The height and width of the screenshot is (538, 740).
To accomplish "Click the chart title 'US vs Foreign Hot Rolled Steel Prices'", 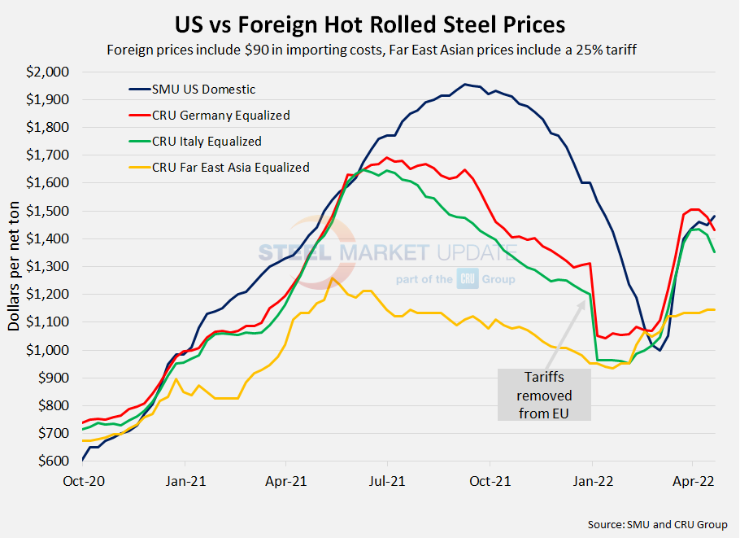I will point(370,22).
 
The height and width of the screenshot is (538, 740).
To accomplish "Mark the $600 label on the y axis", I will point(51,461).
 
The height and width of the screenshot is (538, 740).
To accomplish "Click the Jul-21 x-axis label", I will point(387,481).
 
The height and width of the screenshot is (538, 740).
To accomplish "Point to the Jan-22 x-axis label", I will point(592,481).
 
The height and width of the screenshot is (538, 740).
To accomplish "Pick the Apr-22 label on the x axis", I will point(694,481).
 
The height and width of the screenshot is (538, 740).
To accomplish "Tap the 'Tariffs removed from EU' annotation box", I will point(544,395).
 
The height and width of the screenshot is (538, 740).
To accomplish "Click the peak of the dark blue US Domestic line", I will point(464,84).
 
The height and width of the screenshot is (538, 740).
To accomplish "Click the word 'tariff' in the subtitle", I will point(615,50).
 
